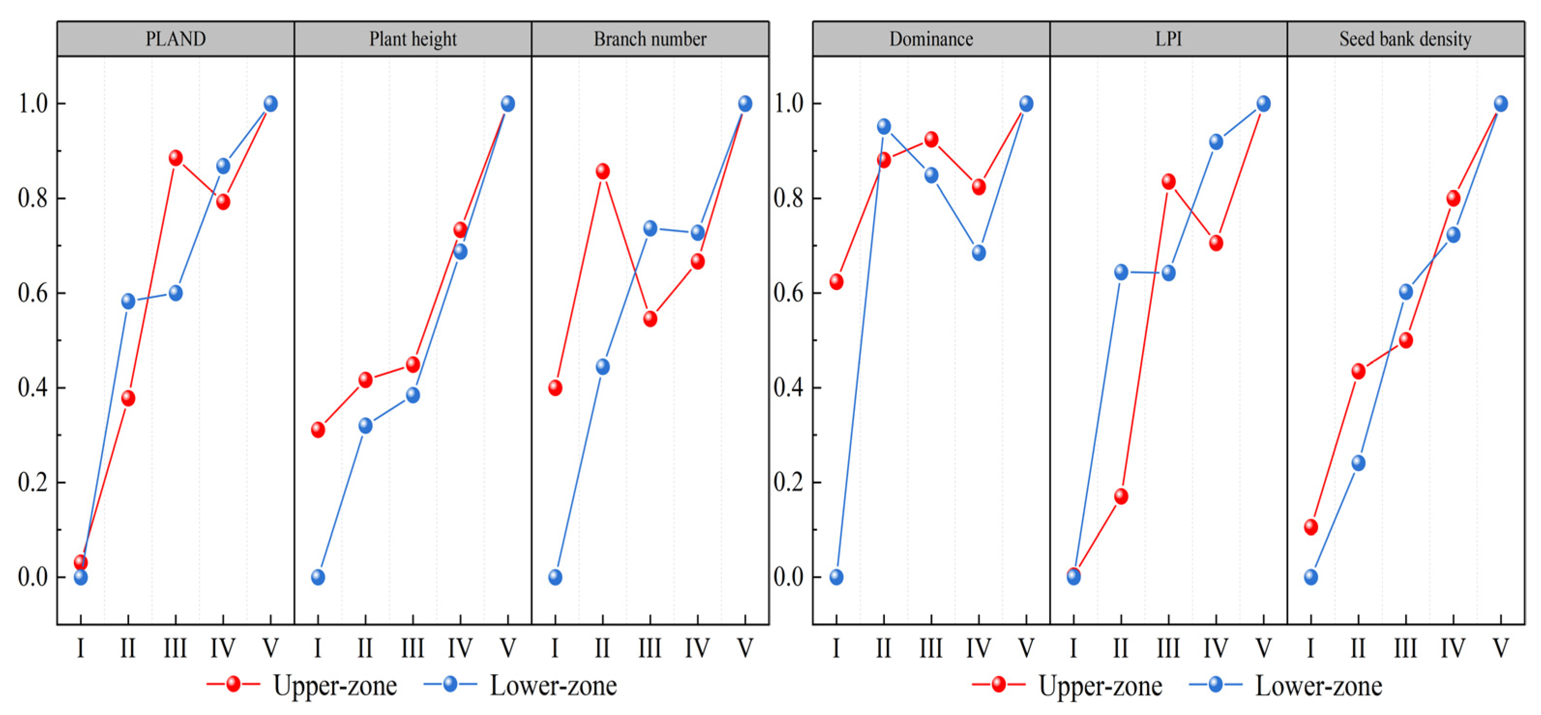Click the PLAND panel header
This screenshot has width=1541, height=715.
coord(176,39)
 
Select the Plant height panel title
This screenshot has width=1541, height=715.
coord(413,39)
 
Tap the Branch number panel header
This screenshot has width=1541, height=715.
coord(650,39)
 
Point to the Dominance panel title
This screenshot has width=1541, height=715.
coord(931,39)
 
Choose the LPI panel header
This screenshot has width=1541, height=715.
coord(1168,39)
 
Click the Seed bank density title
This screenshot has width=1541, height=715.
coord(1405,39)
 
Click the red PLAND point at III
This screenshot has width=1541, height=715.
coord(175,158)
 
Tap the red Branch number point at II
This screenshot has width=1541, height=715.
coord(603,171)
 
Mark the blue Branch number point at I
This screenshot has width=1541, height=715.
coord(555,577)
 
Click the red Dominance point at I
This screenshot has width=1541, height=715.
coord(837,282)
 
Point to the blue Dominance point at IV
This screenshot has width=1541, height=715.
coord(979,252)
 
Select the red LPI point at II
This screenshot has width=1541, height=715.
coord(1121,496)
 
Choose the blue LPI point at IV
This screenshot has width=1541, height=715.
coord(1216,142)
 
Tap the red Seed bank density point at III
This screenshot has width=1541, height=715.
coord(1406,340)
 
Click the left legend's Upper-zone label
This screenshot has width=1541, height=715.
coord(335,686)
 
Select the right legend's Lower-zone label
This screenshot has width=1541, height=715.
coord(1319,686)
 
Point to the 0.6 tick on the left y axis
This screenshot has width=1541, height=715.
coord(33,293)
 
